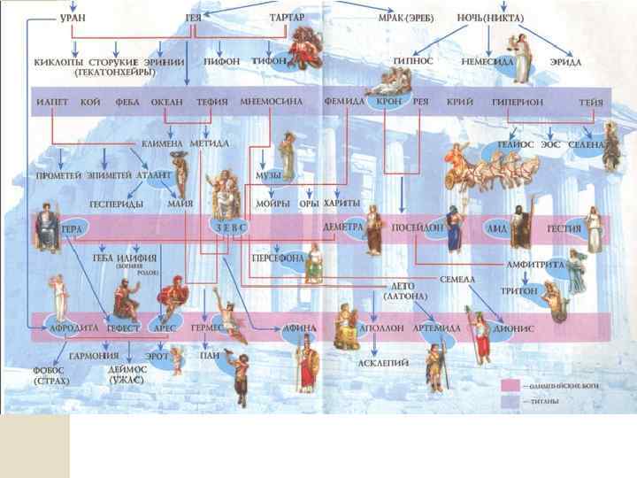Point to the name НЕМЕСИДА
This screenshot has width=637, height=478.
click(487, 63)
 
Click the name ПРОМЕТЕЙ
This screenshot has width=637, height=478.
click(59, 174)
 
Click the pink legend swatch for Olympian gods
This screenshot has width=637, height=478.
click(510, 386)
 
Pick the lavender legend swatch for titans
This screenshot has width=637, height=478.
click(510, 401)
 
